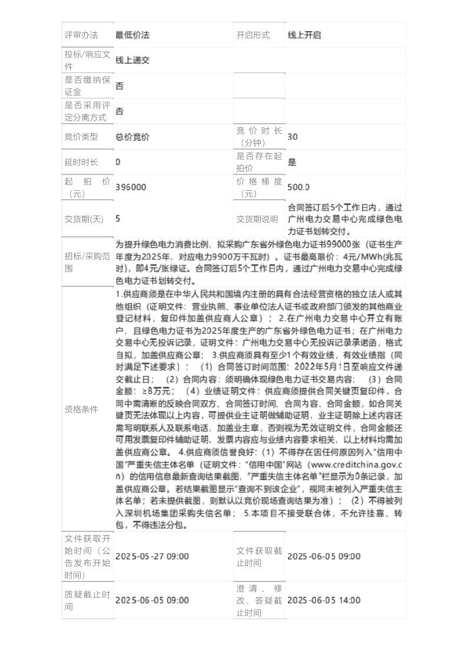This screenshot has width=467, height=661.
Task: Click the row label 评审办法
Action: click(81, 35)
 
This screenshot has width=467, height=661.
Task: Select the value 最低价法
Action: click(133, 35)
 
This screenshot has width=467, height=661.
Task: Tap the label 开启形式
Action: click(253, 35)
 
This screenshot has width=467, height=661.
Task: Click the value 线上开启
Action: click(304, 35)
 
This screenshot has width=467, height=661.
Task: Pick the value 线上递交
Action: click(133, 60)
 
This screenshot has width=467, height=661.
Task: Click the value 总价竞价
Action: click(133, 137)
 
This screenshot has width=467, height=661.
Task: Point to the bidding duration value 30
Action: click(293, 137)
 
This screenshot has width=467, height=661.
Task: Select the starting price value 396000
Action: click(131, 187)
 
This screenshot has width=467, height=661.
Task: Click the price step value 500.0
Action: click(299, 187)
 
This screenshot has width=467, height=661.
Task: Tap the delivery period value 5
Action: click(118, 219)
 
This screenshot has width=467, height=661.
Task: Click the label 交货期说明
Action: click(257, 219)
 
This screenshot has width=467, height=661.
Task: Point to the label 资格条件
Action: click(81, 409)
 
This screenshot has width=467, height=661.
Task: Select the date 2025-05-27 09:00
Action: click(152, 557)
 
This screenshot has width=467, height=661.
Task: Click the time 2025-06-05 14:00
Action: click(324, 600)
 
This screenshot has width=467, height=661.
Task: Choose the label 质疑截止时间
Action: click(87, 600)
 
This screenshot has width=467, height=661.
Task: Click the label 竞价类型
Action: click(81, 137)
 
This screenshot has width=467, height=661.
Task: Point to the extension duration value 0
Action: click(118, 162)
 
